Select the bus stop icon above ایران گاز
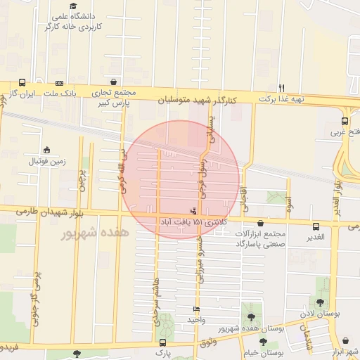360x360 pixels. coord(22,83)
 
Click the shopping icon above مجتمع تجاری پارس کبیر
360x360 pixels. coord(114,82)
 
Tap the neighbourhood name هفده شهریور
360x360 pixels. coord(95,231)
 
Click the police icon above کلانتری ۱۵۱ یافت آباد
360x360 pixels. coord(193,211)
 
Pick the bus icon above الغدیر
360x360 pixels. coord(316,226)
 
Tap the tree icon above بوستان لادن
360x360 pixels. coord(321,302)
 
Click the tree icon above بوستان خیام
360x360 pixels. coord(263,342)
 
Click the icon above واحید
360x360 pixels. coord(195,309)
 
